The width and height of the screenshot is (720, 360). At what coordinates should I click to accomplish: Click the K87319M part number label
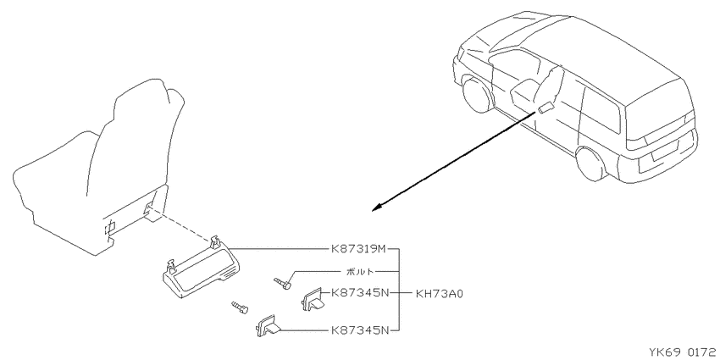358,249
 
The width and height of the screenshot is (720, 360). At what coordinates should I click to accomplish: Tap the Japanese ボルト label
360,271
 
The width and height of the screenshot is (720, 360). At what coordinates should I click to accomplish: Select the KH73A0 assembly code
439,293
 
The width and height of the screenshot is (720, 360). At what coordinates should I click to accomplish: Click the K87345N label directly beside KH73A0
359,292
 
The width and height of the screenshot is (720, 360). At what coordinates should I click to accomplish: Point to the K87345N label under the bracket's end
359,330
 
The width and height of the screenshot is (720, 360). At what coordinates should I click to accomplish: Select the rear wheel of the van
591,163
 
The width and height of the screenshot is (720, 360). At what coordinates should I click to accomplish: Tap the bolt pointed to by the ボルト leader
282,283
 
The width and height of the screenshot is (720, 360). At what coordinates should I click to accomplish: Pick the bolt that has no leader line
240,307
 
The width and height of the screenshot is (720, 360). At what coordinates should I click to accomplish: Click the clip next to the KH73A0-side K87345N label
313,299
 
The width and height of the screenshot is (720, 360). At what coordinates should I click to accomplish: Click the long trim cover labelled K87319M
202,269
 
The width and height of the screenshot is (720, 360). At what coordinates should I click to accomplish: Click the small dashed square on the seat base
110,226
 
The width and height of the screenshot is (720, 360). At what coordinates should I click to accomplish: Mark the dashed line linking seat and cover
180,226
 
